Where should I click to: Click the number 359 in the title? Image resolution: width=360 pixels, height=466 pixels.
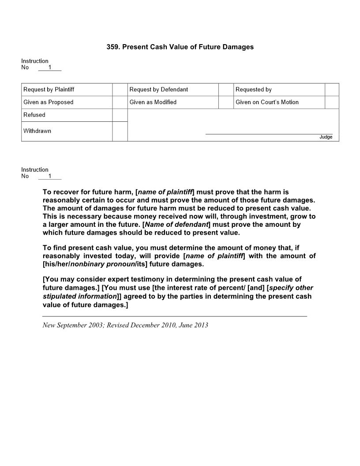pyautogui.click(x=112, y=47)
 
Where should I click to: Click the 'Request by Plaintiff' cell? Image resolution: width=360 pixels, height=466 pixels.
pyautogui.click(x=49, y=90)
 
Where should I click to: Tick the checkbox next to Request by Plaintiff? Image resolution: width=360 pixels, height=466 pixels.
pyautogui.click(x=120, y=90)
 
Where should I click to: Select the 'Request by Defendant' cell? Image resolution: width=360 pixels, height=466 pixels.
pyautogui.click(x=159, y=90)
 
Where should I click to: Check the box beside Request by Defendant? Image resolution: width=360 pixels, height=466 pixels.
pyautogui.click(x=226, y=90)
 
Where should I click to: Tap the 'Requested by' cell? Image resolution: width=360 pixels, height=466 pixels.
pyautogui.click(x=254, y=90)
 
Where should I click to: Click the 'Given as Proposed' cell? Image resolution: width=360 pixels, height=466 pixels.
pyautogui.click(x=49, y=102)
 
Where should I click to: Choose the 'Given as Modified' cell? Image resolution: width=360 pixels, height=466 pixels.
pyautogui.click(x=153, y=102)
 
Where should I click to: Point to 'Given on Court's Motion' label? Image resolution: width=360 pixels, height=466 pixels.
pyautogui.click(x=267, y=102)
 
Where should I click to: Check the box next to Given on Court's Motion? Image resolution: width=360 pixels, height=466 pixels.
pyautogui.click(x=332, y=102)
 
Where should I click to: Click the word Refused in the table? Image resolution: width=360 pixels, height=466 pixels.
pyautogui.click(x=34, y=115)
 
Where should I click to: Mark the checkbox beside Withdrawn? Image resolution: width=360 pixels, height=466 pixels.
pyautogui.click(x=120, y=132)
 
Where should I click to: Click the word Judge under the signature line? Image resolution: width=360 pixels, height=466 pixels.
pyautogui.click(x=326, y=137)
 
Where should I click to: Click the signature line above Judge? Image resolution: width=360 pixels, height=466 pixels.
pyautogui.click(x=269, y=134)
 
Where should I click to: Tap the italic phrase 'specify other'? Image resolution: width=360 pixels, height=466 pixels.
pyautogui.click(x=291, y=288)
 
